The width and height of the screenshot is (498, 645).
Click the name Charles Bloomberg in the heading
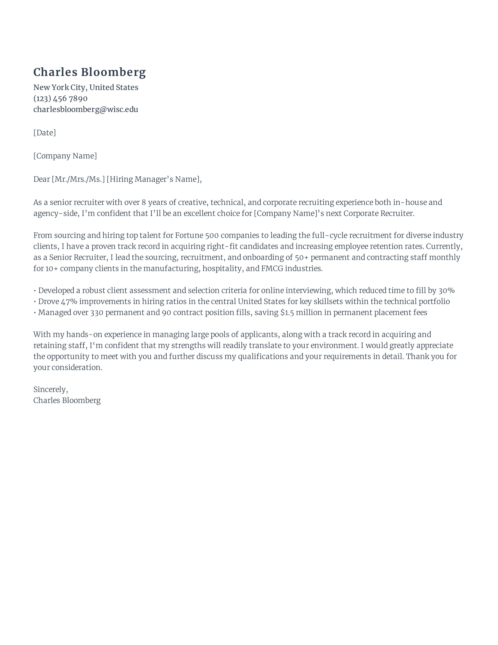click(x=89, y=72)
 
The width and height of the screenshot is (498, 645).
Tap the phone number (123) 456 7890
click(x=60, y=98)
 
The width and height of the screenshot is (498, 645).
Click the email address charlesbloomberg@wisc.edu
click(x=86, y=109)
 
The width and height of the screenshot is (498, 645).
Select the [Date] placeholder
click(x=45, y=133)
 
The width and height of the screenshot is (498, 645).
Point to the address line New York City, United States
click(x=86, y=87)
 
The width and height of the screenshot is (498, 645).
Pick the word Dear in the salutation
click(x=42, y=179)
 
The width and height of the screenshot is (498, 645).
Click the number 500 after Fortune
click(x=212, y=235)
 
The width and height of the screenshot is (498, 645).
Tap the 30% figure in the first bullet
click(x=446, y=291)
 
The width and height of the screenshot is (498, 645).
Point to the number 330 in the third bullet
click(x=97, y=313)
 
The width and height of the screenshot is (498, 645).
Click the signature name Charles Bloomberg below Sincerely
click(x=67, y=400)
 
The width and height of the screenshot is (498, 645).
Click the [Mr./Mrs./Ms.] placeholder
click(x=78, y=179)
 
